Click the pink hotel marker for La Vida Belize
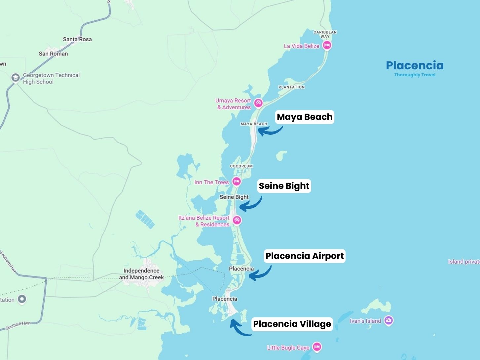point(327,45)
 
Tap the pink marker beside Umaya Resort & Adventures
point(258,103)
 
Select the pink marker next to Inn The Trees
point(236,182)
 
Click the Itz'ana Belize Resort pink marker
point(237,220)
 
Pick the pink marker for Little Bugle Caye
point(317,347)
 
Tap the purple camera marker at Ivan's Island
point(388,320)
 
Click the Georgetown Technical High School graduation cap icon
point(15,78)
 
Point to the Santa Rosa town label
point(77,39)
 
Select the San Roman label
point(53,54)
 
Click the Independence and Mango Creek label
point(141,274)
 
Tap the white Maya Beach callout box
point(305,117)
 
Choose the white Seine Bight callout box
point(284,186)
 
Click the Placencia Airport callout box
point(305,256)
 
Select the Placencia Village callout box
point(292,324)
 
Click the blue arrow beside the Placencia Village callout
point(240,329)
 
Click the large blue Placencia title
point(415,65)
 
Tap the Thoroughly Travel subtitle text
point(415,75)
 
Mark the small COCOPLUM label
point(241,166)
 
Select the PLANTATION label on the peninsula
point(291,87)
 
